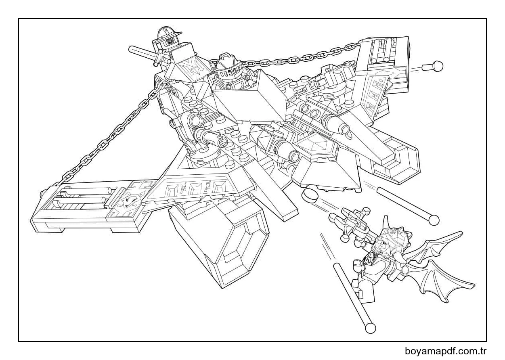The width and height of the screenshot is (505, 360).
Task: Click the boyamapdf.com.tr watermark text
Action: point(446,351)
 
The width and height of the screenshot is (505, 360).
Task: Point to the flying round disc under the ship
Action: point(310,196)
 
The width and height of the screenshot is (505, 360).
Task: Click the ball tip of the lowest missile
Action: point(370,327)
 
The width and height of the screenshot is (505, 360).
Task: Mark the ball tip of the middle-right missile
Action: point(434,220)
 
